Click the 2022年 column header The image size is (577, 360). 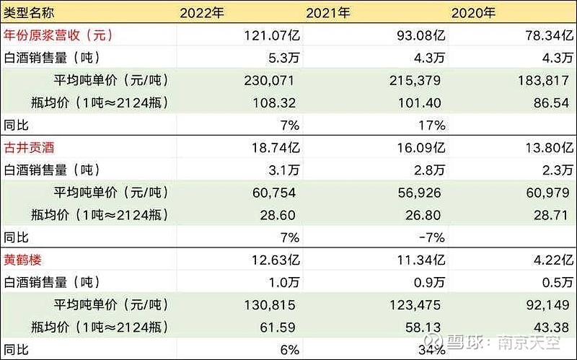click(204, 12)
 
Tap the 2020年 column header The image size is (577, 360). click(472, 12)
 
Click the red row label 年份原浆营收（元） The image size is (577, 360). click(58, 34)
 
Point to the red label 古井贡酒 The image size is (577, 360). click(30, 147)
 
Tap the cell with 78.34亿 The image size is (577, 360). click(542, 35)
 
